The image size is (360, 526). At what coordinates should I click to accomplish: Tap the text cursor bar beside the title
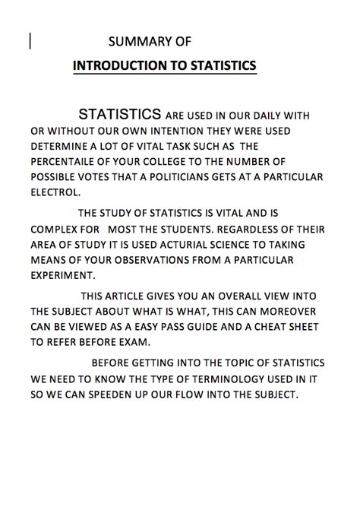[x=30, y=41]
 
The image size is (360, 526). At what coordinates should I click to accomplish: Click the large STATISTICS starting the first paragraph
[x=120, y=115]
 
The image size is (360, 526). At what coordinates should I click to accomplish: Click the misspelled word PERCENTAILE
[x=69, y=162]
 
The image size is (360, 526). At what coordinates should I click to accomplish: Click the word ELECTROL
[x=55, y=193]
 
